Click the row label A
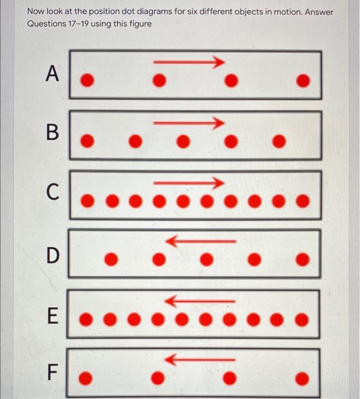(x=52, y=74)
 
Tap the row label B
(x=52, y=135)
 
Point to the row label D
(x=52, y=255)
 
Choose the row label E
(x=52, y=315)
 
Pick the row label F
(x=52, y=373)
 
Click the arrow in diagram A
(x=188, y=62)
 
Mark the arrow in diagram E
(x=199, y=300)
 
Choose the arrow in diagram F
(x=199, y=360)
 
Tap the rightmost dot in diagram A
(x=305, y=81)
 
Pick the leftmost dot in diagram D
(x=112, y=260)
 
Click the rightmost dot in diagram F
(x=305, y=377)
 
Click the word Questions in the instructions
(x=47, y=24)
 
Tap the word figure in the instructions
(x=140, y=24)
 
